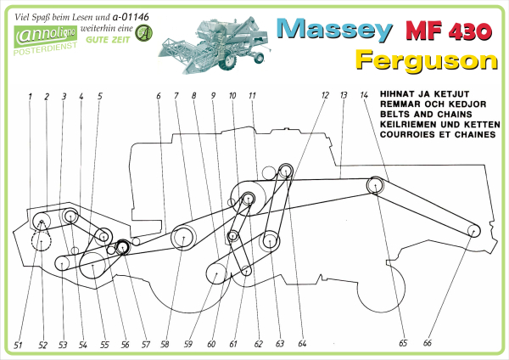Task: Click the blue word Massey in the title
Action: pyautogui.click(x=334, y=30)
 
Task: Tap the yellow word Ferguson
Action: pyautogui.click(x=426, y=60)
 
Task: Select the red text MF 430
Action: pyautogui.click(x=449, y=31)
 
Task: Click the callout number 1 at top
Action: pyautogui.click(x=30, y=97)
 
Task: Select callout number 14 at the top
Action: pyautogui.click(x=364, y=95)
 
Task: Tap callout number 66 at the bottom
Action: pyautogui.click(x=428, y=343)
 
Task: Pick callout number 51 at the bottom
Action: pyautogui.click(x=18, y=345)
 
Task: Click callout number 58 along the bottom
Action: pyautogui.click(x=165, y=344)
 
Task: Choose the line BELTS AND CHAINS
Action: pyautogui.click(x=426, y=115)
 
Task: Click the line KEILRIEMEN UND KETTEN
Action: pyautogui.click(x=440, y=125)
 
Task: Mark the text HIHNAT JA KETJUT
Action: pyautogui.click(x=425, y=94)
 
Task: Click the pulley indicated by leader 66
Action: pyautogui.click(x=473, y=231)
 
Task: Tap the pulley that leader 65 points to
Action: pyautogui.click(x=375, y=185)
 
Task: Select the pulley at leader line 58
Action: pyautogui.click(x=183, y=238)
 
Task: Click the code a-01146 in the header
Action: pyautogui.click(x=131, y=17)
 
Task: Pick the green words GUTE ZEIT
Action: pyautogui.click(x=108, y=40)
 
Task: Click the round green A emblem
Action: pyautogui.click(x=143, y=33)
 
